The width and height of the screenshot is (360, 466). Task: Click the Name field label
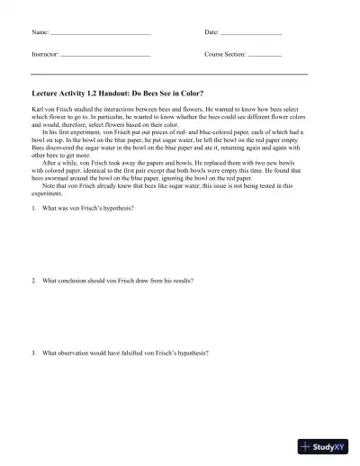(x=40, y=32)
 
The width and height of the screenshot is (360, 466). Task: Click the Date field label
(x=211, y=32)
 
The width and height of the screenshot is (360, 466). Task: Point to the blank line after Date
(x=251, y=34)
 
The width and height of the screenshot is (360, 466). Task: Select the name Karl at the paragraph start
(x=37, y=106)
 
